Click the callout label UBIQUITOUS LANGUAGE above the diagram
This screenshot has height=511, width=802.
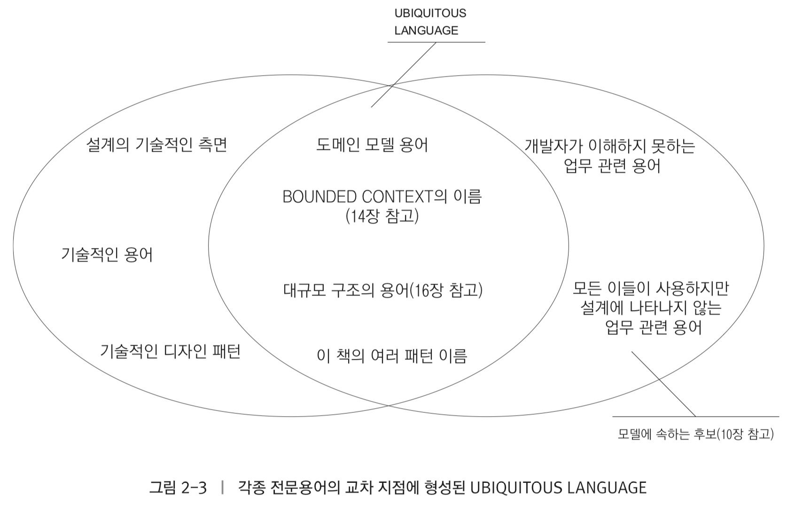(x=430, y=22)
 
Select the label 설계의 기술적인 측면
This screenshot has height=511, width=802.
(x=157, y=145)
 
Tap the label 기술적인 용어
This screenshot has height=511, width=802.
(x=107, y=255)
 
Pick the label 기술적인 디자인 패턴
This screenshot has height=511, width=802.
(x=171, y=351)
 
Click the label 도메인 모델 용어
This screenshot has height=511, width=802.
(x=372, y=145)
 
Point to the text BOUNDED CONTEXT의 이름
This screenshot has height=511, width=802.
(x=382, y=197)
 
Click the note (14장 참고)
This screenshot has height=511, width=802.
(x=382, y=217)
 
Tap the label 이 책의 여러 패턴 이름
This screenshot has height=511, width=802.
(x=392, y=356)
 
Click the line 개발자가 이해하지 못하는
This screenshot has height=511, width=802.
(x=610, y=147)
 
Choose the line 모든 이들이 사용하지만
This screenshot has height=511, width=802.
(x=650, y=288)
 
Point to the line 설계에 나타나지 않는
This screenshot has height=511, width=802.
(x=651, y=308)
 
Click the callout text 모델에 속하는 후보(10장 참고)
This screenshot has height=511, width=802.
(x=695, y=434)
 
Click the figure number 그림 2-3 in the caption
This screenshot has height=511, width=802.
(x=178, y=488)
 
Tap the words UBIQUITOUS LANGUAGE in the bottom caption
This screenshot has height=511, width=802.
(x=558, y=488)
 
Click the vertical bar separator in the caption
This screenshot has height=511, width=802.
(x=222, y=488)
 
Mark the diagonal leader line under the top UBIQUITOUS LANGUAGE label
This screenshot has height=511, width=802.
(x=404, y=75)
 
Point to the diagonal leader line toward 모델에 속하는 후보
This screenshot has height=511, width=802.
(x=663, y=384)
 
